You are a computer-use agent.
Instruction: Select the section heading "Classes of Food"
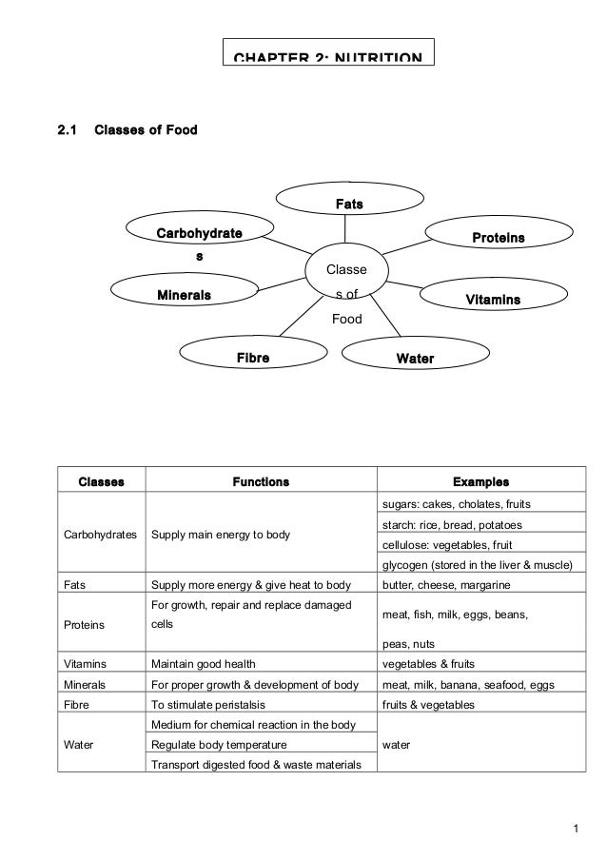click(146, 130)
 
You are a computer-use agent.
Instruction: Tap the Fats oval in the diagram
click(349, 204)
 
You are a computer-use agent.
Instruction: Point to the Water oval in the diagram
click(415, 359)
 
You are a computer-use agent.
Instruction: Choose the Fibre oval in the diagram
click(253, 359)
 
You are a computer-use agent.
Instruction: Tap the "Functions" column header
click(261, 481)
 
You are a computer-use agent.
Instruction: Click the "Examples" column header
click(480, 481)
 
